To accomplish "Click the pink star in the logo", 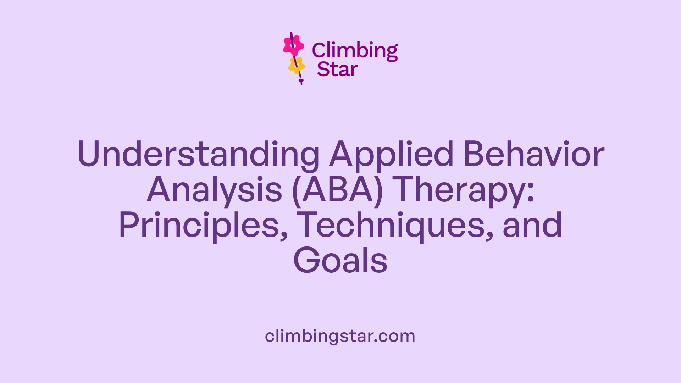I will (x=293, y=45).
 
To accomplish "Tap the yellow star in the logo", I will (x=297, y=65).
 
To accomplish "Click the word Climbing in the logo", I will (x=355, y=51).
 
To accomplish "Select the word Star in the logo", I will (x=337, y=70).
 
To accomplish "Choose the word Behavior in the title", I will (x=534, y=155).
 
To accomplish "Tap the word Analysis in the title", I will (x=215, y=190).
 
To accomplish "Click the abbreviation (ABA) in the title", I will (x=338, y=190).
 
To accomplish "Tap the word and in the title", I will (x=532, y=226).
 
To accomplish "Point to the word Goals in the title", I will (x=340, y=261).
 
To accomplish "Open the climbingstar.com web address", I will (x=340, y=336).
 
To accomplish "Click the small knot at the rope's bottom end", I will (x=301, y=81).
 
